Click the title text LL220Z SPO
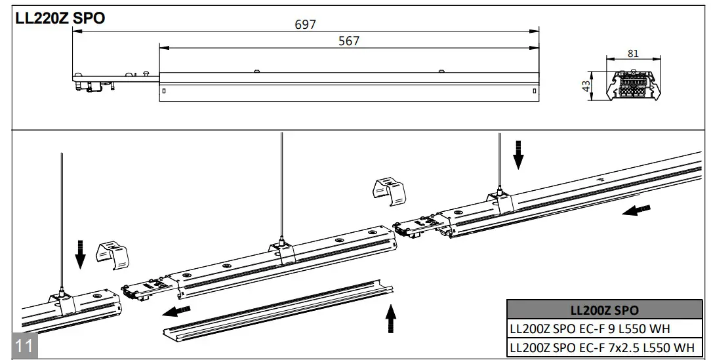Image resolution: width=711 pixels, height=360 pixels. (x=60, y=18)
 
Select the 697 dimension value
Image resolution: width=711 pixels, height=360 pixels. (x=305, y=24)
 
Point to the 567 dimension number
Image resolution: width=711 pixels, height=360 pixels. (x=348, y=41)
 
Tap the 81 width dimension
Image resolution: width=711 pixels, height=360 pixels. (x=632, y=53)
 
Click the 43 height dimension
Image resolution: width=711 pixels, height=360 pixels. (x=586, y=86)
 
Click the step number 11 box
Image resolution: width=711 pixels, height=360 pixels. (x=24, y=345)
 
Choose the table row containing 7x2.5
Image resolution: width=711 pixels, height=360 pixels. (x=601, y=347)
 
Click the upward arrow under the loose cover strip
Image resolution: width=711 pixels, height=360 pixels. (x=391, y=320)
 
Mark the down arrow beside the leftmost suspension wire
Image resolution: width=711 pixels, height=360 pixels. (x=80, y=254)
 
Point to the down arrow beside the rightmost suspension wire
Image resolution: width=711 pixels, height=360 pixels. (x=519, y=153)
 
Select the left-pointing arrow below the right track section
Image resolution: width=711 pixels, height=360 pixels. (x=636, y=211)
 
